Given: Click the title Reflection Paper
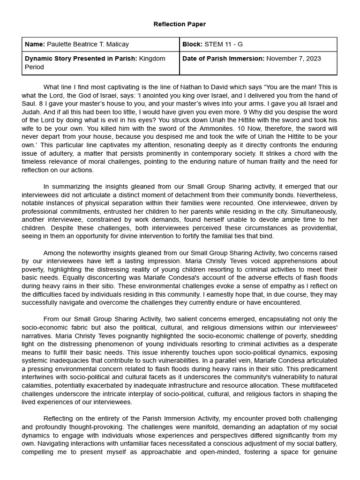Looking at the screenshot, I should (x=180, y=24).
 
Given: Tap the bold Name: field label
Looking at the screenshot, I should (x=34, y=45).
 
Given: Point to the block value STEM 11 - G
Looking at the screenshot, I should (x=224, y=45).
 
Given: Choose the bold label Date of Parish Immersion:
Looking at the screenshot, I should (x=223, y=58).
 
